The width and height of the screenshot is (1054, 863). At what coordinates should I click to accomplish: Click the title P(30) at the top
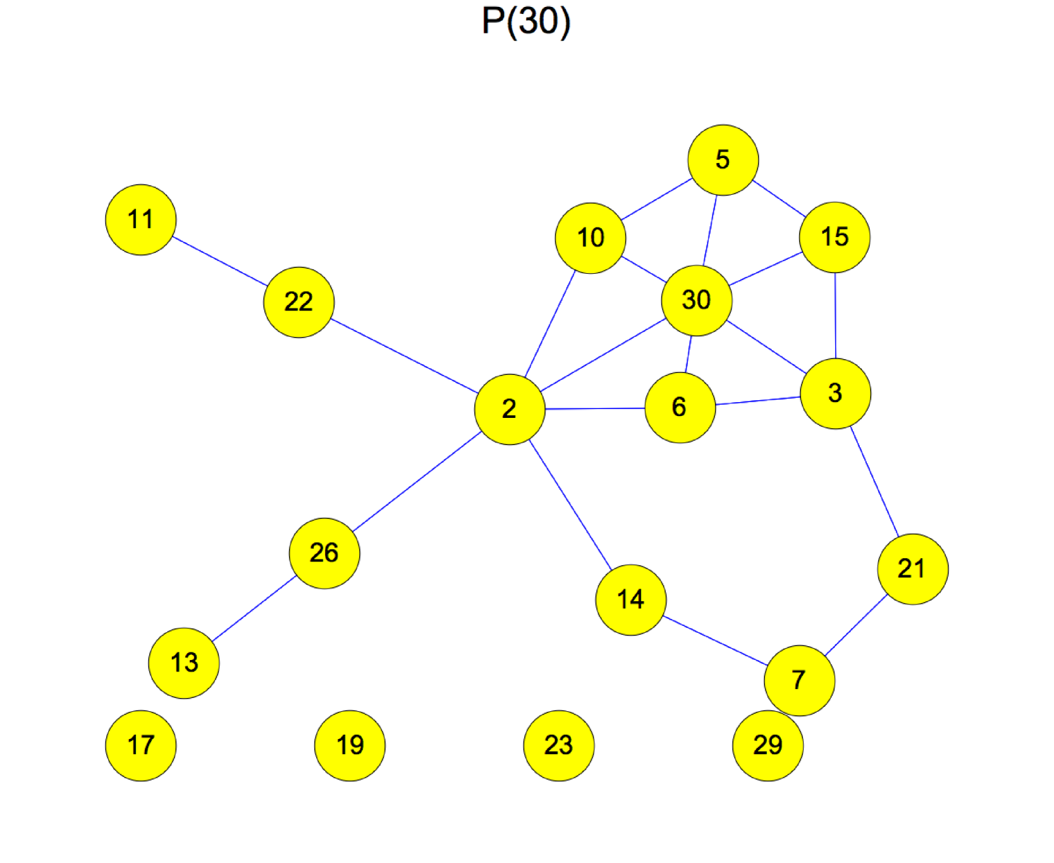tap(526, 21)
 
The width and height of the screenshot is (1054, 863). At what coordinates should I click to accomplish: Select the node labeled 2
tap(510, 409)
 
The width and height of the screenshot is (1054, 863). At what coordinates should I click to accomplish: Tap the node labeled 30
tap(696, 300)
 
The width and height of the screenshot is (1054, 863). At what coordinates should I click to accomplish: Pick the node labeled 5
tap(723, 160)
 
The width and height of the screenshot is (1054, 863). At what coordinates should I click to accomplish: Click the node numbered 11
tap(140, 220)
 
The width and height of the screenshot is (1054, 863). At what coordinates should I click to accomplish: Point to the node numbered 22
tap(298, 302)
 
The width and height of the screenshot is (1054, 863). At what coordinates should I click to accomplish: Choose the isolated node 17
tap(140, 745)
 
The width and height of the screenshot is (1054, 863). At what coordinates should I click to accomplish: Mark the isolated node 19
tap(350, 745)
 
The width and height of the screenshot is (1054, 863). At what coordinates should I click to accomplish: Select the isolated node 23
tap(558, 745)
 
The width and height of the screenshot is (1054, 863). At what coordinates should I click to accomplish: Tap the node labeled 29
tap(768, 745)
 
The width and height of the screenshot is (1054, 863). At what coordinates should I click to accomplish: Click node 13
tap(184, 663)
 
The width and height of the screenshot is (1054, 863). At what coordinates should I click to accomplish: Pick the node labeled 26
tap(324, 553)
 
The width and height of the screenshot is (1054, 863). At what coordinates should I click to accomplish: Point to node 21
tap(912, 569)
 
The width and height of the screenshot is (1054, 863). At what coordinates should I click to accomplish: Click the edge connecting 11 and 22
tap(219, 261)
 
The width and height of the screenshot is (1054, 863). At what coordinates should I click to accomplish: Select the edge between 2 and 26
tap(417, 482)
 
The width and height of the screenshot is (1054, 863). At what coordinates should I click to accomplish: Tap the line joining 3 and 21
tap(874, 482)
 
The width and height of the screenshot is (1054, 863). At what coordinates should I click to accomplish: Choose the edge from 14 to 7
tap(715, 640)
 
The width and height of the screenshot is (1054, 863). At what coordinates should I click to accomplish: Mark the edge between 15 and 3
tap(835, 315)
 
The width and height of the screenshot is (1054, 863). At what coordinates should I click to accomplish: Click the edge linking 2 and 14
tap(570, 505)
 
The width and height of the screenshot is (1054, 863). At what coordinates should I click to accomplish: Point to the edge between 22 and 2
tap(404, 355)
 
